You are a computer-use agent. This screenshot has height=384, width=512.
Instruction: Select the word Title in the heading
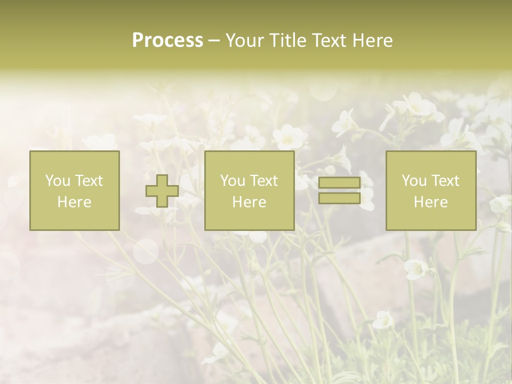288,41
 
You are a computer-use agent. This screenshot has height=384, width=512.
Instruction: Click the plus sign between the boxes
162,191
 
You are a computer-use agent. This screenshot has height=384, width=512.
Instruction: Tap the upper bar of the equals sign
339,183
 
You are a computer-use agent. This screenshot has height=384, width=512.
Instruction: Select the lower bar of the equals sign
339,198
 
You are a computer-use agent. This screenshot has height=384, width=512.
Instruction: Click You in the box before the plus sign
57,181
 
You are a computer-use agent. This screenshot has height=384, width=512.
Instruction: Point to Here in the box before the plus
74,202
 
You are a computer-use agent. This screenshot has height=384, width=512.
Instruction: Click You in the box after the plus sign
232,181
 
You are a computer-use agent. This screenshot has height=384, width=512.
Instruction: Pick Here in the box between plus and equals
249,202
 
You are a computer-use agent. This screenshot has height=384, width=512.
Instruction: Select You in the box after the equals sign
413,181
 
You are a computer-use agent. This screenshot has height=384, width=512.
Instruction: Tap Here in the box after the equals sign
431,202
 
